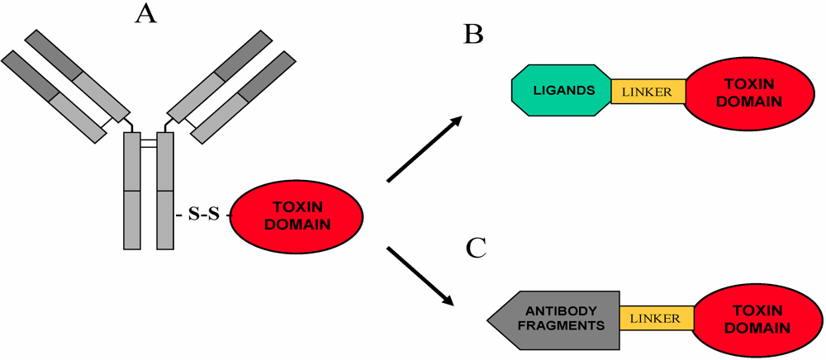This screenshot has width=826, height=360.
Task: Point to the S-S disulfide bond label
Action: (x=204, y=216)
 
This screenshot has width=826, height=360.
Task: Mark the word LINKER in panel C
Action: (x=655, y=318)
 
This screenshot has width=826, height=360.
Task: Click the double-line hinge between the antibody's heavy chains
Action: (x=148, y=144)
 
